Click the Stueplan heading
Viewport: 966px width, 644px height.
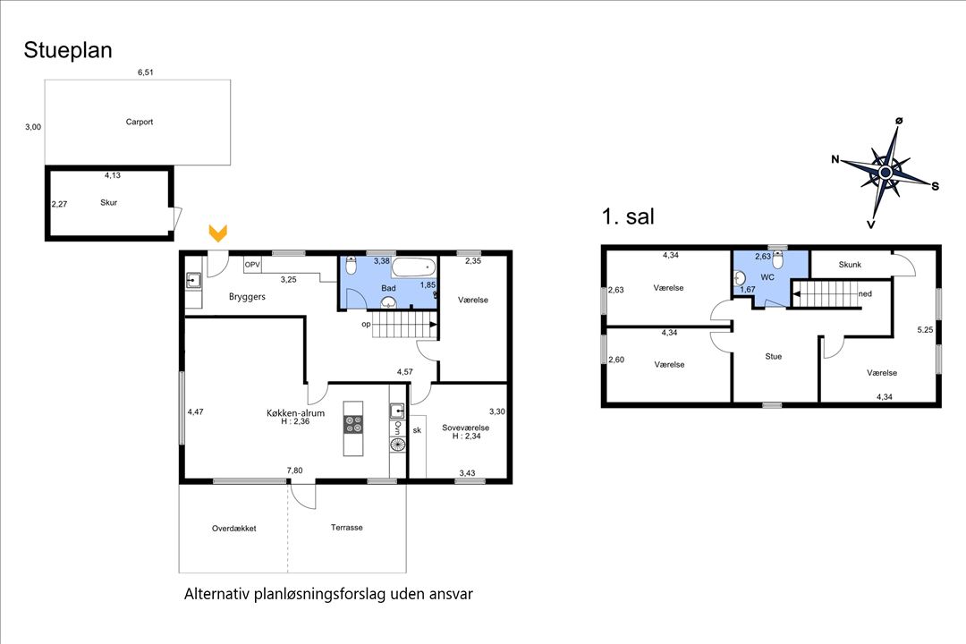coord(68,50)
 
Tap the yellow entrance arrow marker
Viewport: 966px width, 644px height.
coord(217,233)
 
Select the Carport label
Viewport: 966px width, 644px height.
coord(139,122)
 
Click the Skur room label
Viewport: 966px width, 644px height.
coord(108,202)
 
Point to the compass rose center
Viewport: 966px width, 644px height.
coord(885,172)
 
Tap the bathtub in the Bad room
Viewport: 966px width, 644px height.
coord(413,267)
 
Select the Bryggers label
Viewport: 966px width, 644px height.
coord(247,296)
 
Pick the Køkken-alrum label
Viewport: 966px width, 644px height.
coord(295,412)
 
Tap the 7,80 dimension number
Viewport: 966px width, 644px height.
coord(293,470)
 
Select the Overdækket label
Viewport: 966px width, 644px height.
coord(233,528)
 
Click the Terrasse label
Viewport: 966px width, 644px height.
coord(346,528)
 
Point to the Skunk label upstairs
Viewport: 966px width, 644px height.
coord(849,265)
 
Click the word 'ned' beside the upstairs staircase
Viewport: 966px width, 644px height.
coord(864,293)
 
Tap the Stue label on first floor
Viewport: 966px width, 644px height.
coord(773,356)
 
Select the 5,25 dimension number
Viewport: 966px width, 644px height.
coord(924,329)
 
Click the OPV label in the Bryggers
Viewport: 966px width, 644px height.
coord(252,265)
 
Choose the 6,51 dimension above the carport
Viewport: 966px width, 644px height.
coord(145,72)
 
